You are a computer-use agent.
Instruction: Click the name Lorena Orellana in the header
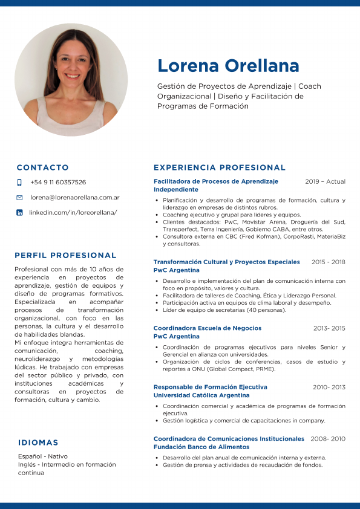point(228,65)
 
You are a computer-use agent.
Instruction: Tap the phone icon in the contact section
point(19,182)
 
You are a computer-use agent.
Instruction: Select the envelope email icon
point(19,198)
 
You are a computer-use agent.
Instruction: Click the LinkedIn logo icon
point(19,213)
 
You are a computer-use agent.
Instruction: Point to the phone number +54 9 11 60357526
point(57,182)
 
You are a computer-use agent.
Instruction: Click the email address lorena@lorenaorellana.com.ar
point(74,198)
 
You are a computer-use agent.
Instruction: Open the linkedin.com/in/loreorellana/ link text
point(73,213)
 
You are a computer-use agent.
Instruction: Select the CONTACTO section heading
point(42,167)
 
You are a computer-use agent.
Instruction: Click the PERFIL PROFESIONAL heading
point(65,255)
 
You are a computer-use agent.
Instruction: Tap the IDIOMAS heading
point(38,443)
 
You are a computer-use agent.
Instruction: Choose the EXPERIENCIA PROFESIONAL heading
point(220,167)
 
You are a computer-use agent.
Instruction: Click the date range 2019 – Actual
point(325,181)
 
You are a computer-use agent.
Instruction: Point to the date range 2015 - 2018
point(328,262)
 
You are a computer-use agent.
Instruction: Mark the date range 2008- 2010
point(328,438)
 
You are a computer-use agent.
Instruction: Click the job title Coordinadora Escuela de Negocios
point(208,328)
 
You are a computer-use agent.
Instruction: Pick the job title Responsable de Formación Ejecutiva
point(210,387)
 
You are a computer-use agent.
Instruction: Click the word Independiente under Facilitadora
point(176,189)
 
